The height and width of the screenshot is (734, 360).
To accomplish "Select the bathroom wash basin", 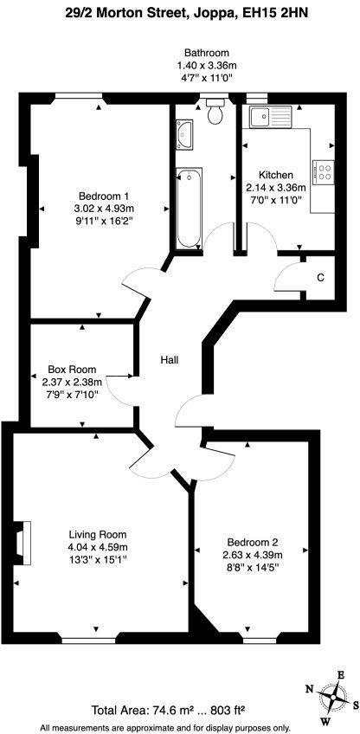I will [x=183, y=133].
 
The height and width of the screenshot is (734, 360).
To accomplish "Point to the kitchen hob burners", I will [x=325, y=172].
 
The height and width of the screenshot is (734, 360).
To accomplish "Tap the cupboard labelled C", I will [x=320, y=277].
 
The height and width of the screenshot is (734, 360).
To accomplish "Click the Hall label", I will [x=169, y=359].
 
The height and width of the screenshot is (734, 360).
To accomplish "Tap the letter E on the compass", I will [x=341, y=676].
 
